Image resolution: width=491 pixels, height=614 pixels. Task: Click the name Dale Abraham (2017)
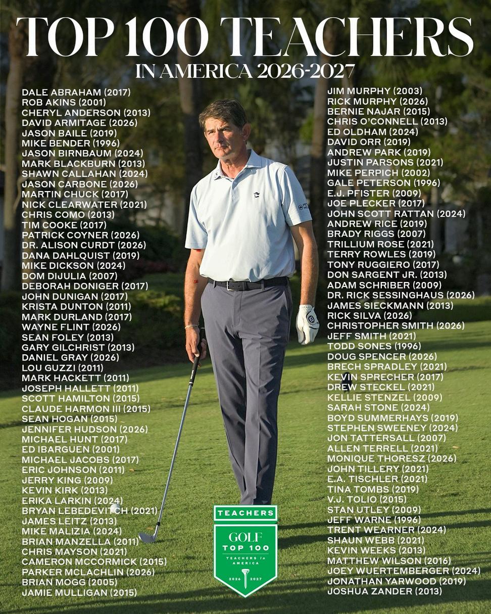coord(76,92)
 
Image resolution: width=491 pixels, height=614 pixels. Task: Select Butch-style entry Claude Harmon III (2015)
coord(86,408)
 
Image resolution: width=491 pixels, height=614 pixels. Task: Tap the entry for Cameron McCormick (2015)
coord(94,561)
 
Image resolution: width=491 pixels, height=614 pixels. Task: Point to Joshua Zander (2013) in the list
coord(384,591)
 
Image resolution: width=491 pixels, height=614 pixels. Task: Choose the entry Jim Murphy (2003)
coord(375,91)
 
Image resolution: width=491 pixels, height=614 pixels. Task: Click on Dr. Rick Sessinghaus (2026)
coord(401,295)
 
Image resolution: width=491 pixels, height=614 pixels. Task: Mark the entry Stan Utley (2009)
coord(374,509)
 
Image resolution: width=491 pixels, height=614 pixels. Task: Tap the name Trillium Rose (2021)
coord(380,244)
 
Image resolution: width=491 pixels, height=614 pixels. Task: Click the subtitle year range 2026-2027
coord(306,71)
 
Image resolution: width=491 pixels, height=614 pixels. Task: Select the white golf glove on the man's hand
coord(307,324)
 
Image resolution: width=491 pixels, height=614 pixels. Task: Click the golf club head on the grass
coord(148,537)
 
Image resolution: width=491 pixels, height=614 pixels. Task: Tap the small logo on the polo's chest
coord(257,194)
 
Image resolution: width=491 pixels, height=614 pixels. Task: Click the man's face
coord(224,134)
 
